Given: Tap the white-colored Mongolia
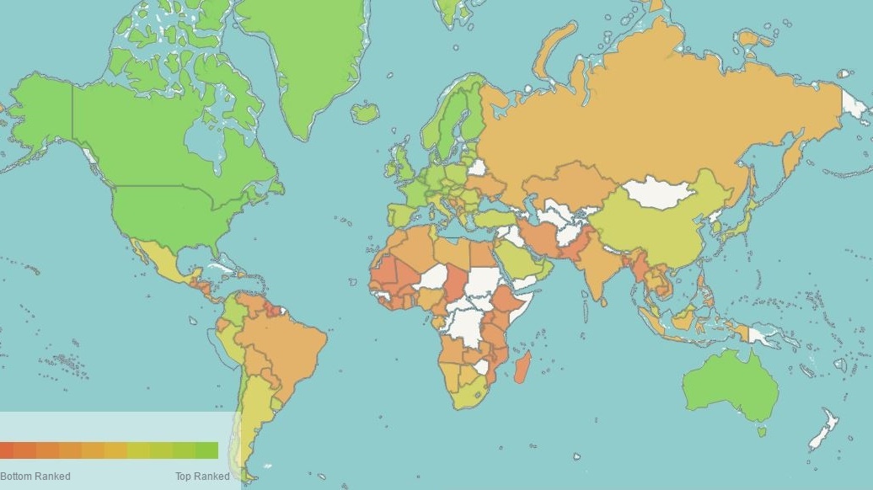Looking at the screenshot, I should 661,193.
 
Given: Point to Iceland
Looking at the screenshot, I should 365,112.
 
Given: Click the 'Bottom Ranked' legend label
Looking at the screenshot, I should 35,477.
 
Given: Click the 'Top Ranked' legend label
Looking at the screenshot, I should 202,477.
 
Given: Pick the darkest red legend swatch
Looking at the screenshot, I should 7,450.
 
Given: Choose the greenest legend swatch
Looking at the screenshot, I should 207,450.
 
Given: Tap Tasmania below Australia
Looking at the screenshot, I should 763,431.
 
